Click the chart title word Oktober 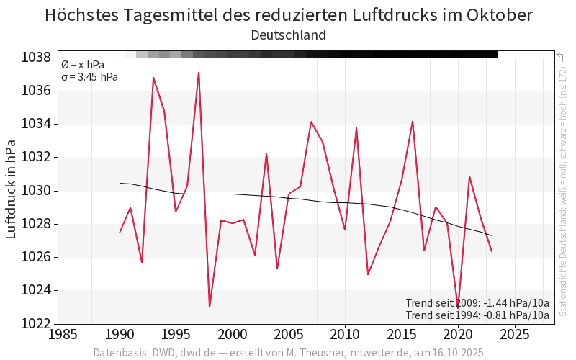click(x=498, y=15)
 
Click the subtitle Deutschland click(x=288, y=35)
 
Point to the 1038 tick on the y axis click(x=36, y=58)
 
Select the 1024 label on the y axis click(x=36, y=290)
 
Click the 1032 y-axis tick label click(x=36, y=157)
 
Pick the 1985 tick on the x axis click(x=63, y=335)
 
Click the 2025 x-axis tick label click(x=514, y=335)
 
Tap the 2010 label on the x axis click(x=345, y=335)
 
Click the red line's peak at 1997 click(x=199, y=72)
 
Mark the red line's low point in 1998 click(x=210, y=307)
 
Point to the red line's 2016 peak click(x=413, y=121)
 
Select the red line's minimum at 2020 click(x=458, y=307)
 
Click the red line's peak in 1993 click(x=153, y=78)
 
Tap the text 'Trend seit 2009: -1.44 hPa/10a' click(x=477, y=302)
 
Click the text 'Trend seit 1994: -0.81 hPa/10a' click(x=477, y=315)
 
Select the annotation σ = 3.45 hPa click(x=90, y=77)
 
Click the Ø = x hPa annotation click(x=83, y=65)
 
